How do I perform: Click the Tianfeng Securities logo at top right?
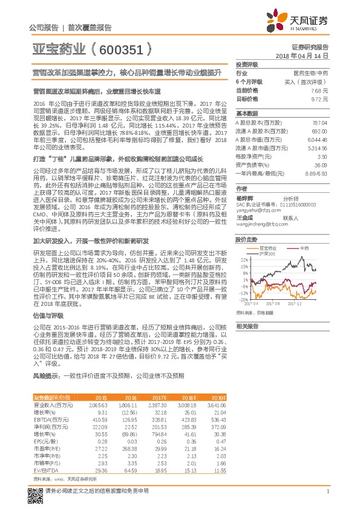coord(306,21)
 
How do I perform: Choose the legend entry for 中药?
coord(303,248)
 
